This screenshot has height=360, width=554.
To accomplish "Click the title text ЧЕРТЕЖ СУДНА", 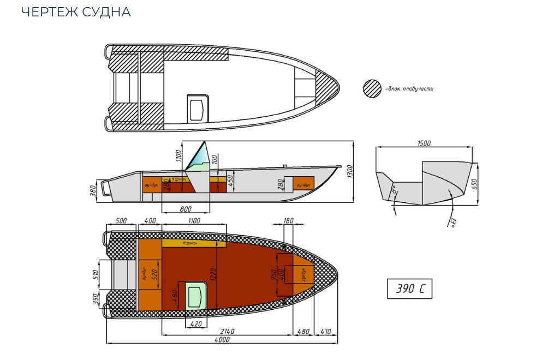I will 76,11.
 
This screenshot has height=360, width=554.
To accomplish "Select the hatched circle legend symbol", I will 373,88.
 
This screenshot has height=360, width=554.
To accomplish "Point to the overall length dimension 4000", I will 222,339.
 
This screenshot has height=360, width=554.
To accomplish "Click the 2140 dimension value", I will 228,331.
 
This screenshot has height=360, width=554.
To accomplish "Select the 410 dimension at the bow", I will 326,331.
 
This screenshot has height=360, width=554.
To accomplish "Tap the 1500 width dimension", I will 424,143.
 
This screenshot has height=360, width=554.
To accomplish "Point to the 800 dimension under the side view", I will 186,208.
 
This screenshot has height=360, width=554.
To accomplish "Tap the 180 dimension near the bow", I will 289,221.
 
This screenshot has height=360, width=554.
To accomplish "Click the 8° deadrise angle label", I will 393,189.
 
